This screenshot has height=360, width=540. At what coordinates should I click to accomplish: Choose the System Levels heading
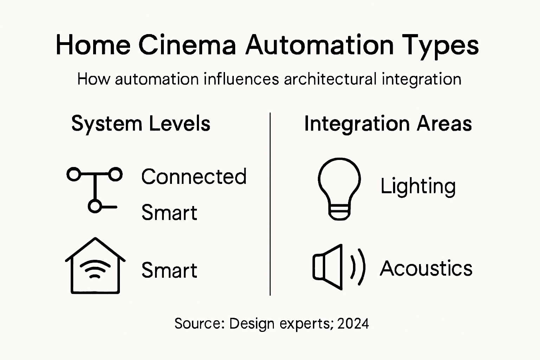(141, 124)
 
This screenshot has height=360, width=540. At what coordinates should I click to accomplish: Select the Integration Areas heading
(388, 124)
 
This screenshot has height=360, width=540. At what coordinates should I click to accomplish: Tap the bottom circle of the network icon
(94, 206)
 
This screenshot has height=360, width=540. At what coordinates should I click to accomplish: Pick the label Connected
(194, 176)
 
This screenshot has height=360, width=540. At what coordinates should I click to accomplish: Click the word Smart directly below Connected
(169, 213)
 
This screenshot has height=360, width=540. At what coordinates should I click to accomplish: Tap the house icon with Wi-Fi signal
(95, 266)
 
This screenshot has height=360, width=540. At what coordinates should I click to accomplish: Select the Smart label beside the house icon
(169, 270)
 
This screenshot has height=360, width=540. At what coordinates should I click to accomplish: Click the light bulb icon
(339, 188)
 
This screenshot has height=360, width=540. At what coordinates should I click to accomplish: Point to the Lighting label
(418, 186)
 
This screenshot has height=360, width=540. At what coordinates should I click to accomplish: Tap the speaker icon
(337, 267)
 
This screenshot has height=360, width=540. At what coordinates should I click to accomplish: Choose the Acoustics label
(426, 269)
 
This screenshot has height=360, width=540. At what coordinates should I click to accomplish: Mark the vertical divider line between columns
(270, 204)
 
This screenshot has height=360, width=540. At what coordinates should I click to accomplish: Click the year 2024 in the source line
(353, 323)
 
